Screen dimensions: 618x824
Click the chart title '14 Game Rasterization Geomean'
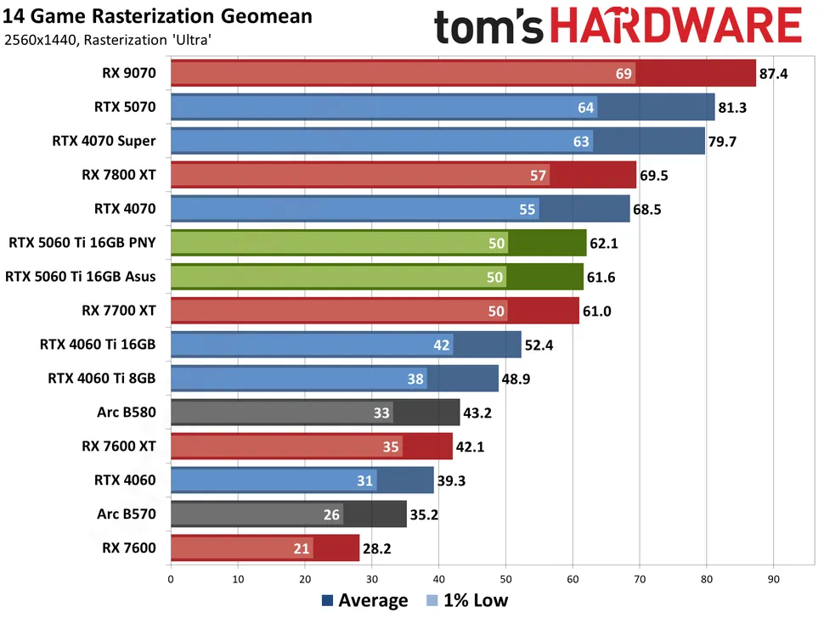(x=157, y=16)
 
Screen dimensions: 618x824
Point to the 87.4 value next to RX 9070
(x=774, y=74)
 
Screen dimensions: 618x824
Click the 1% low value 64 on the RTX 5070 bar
(x=586, y=107)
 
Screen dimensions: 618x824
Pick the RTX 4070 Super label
(x=104, y=141)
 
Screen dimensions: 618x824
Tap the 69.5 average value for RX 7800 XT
(x=655, y=175)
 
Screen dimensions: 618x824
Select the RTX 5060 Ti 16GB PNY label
(x=82, y=243)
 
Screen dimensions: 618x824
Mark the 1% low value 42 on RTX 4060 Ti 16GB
(x=442, y=345)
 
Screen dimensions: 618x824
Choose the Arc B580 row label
(x=127, y=413)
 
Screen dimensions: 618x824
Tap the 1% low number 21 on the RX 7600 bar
(x=302, y=548)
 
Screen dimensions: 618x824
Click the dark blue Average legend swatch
(x=328, y=601)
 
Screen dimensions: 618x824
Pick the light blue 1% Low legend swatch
(x=432, y=601)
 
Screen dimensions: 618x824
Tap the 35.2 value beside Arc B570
(x=425, y=514)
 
